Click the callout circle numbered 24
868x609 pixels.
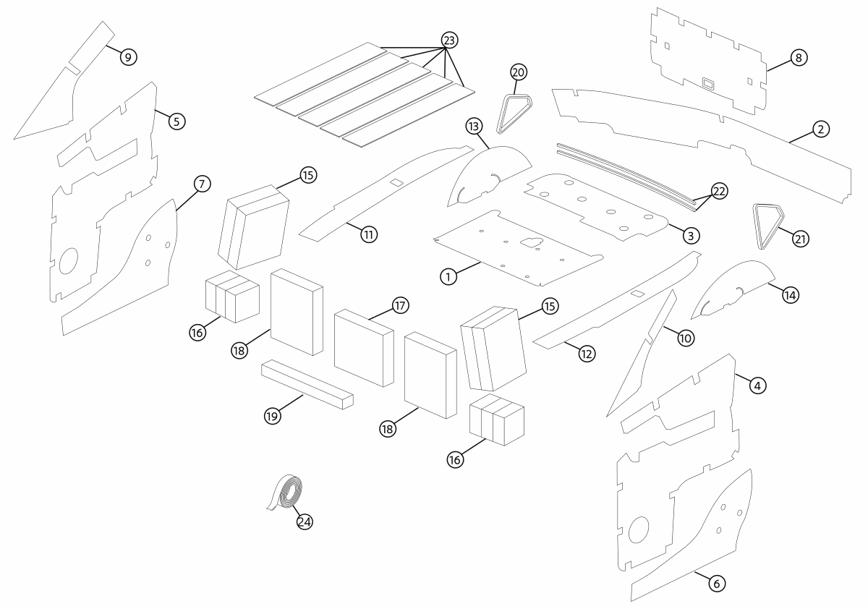(x=305, y=521)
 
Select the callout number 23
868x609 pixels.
(x=449, y=41)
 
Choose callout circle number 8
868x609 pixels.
(x=798, y=57)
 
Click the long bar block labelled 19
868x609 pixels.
(x=307, y=383)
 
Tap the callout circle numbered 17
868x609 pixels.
(x=400, y=305)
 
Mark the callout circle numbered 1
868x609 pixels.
(x=448, y=276)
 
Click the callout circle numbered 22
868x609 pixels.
(x=719, y=191)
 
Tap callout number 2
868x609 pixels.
(x=820, y=129)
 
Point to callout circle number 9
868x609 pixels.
(x=128, y=57)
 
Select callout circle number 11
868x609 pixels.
(x=369, y=234)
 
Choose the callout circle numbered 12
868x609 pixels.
(x=587, y=354)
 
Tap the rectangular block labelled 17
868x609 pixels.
(x=363, y=347)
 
